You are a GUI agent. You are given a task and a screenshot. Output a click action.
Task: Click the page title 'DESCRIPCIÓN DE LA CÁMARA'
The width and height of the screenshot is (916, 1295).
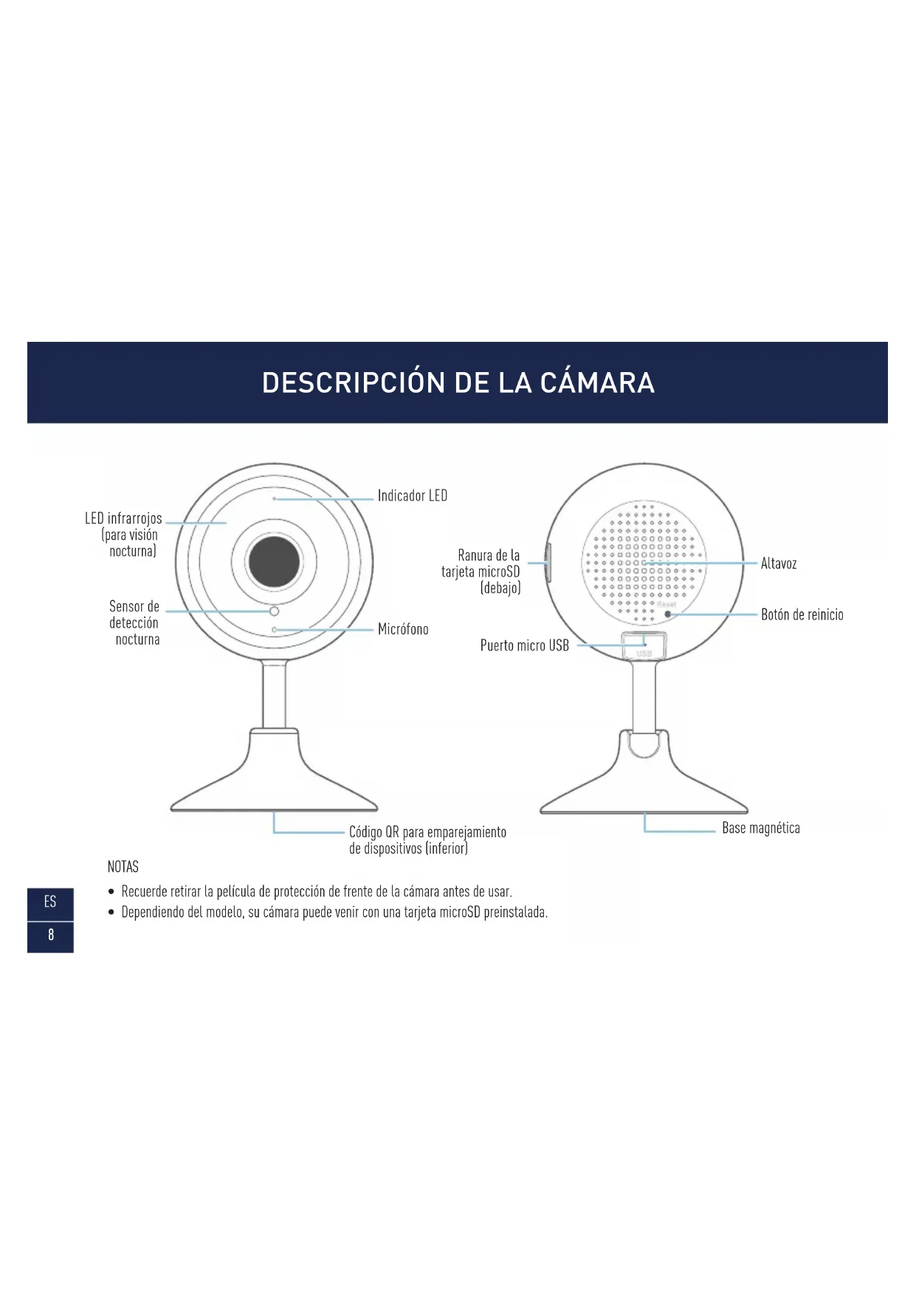pyautogui.click(x=458, y=382)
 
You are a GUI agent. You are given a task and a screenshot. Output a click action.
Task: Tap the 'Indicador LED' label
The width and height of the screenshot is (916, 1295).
pyautogui.click(x=412, y=495)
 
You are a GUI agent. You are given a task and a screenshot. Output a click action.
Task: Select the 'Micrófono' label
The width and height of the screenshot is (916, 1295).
pyautogui.click(x=402, y=629)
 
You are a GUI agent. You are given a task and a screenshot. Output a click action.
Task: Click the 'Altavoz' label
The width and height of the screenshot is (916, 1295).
pyautogui.click(x=778, y=563)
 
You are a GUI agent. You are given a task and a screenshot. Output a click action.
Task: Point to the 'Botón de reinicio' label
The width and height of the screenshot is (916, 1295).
pyautogui.click(x=802, y=614)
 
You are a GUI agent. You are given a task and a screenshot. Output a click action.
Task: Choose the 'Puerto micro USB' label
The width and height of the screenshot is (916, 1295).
pyautogui.click(x=524, y=645)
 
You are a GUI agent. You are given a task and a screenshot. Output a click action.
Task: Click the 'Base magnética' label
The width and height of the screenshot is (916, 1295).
pyautogui.click(x=760, y=828)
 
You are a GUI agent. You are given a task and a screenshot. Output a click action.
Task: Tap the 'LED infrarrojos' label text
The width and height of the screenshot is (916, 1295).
pyautogui.click(x=123, y=519)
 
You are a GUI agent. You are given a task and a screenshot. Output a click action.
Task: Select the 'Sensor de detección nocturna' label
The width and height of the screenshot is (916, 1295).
pyautogui.click(x=134, y=622)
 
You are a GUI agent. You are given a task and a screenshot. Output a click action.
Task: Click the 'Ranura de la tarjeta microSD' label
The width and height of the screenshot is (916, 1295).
pyautogui.click(x=481, y=571)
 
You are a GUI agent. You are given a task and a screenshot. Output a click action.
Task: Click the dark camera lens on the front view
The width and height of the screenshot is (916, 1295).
pyautogui.click(x=274, y=562)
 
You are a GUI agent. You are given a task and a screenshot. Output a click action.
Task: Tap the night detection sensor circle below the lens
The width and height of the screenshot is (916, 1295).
pyautogui.click(x=274, y=611)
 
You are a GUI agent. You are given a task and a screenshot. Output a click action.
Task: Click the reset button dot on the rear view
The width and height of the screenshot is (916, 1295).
pyautogui.click(x=668, y=614)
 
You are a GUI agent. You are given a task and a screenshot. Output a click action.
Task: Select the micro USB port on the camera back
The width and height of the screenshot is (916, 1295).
pyautogui.click(x=644, y=645)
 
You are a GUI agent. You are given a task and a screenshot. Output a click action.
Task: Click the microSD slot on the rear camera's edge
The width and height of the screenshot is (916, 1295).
pyautogui.click(x=548, y=563)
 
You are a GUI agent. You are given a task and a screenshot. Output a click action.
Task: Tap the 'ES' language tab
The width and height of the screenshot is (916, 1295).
pyautogui.click(x=50, y=901)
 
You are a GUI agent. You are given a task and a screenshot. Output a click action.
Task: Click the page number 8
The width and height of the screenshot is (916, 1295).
pyautogui.click(x=50, y=935)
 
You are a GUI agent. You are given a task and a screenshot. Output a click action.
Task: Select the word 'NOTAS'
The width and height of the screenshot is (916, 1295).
pyautogui.click(x=123, y=866)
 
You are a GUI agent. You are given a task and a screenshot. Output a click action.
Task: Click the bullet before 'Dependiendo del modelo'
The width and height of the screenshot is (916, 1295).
pyautogui.click(x=111, y=913)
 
